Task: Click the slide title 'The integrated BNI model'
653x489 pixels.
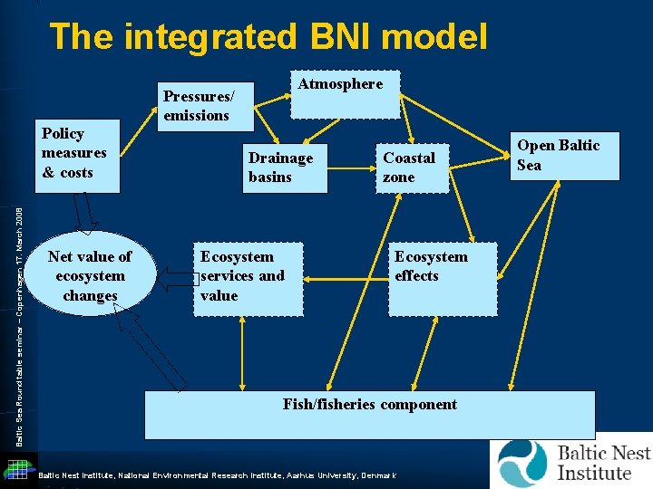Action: [x=268, y=37]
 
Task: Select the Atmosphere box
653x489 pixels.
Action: [x=343, y=93]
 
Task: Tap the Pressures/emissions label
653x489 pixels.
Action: [x=198, y=105]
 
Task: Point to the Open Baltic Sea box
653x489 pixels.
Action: [x=559, y=155]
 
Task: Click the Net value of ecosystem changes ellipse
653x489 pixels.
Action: [x=90, y=275]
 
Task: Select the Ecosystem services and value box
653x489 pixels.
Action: [x=242, y=276]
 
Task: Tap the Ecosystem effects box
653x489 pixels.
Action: [x=430, y=277]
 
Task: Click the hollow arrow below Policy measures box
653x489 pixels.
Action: [x=84, y=214]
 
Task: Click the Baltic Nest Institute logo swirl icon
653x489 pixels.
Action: [x=523, y=463]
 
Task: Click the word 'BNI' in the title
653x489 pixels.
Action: [x=342, y=37]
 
